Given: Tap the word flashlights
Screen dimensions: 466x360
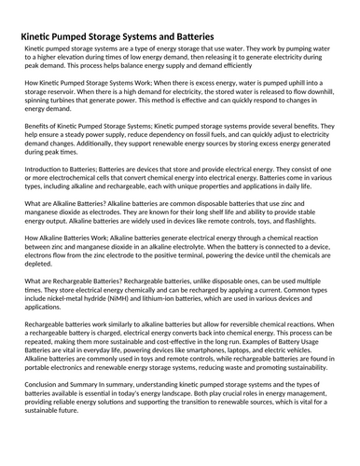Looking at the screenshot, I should pos(305,250).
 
